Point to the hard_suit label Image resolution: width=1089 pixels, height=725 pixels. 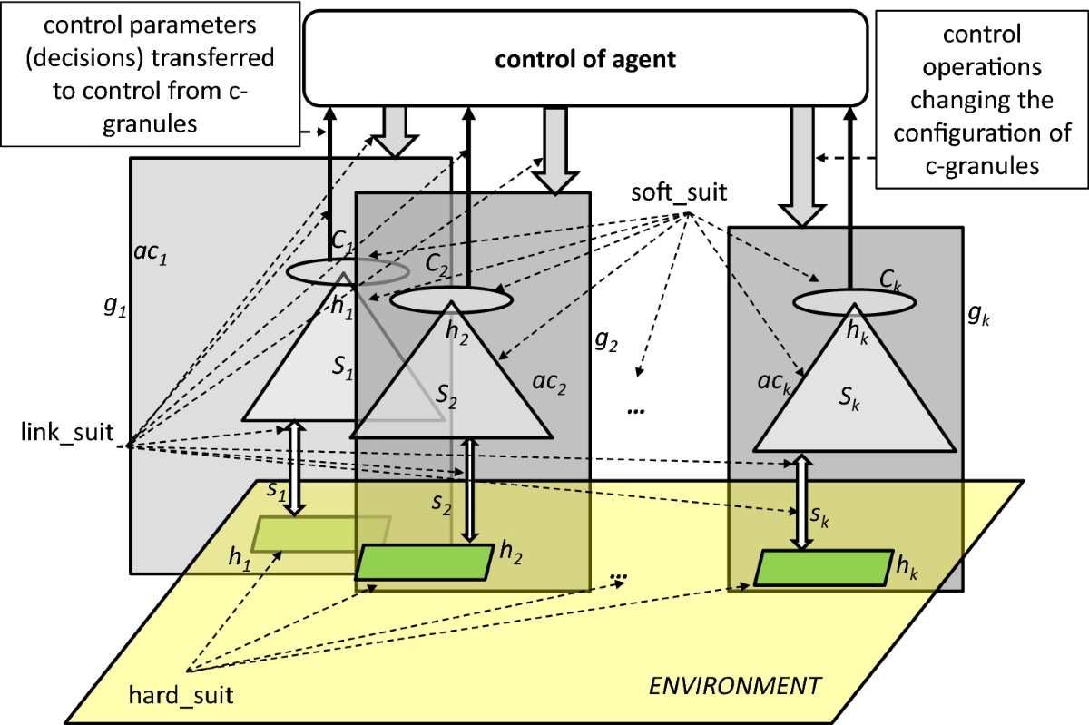[181, 697]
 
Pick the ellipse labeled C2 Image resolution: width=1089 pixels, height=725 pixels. [449, 298]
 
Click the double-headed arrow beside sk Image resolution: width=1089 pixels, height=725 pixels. [802, 503]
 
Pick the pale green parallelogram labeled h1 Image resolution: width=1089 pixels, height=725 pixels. [321, 534]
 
